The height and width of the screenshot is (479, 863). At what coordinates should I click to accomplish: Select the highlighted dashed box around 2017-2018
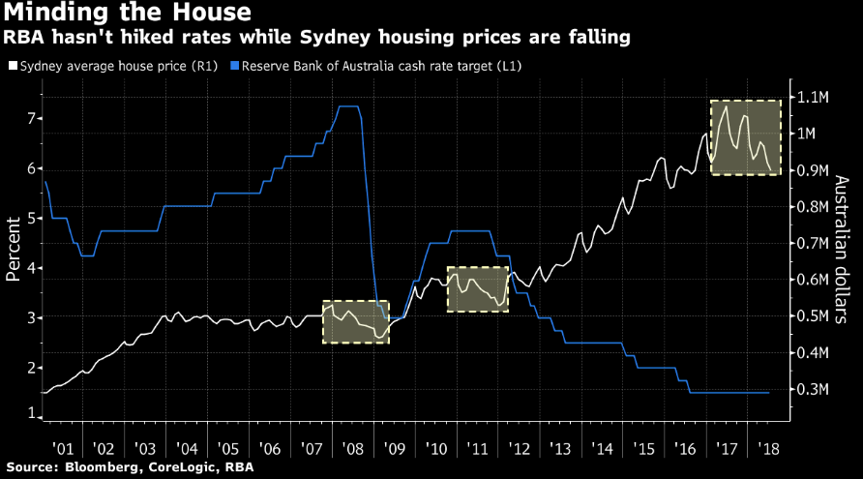(746, 137)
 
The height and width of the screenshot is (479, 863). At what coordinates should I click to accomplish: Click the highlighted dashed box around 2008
(355, 321)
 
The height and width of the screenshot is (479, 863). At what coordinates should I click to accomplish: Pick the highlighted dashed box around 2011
(478, 288)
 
